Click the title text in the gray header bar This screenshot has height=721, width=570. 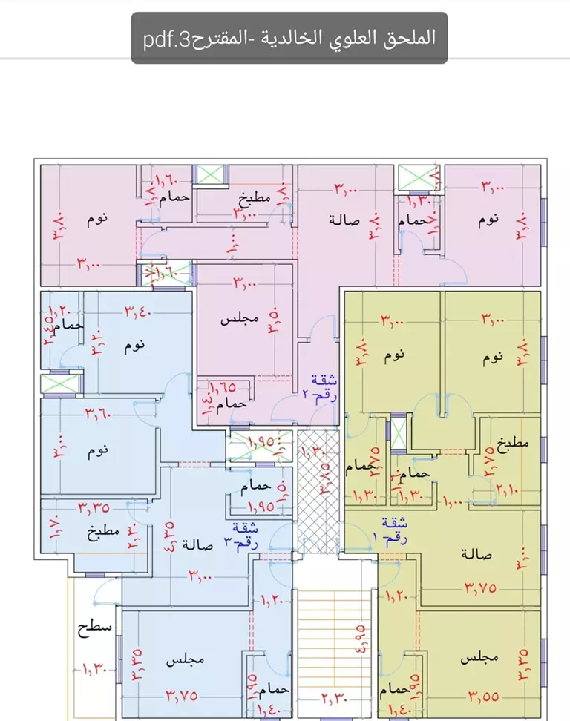(x=289, y=37)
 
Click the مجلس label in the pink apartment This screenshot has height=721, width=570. (x=240, y=320)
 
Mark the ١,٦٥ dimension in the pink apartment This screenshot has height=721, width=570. (x=222, y=386)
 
